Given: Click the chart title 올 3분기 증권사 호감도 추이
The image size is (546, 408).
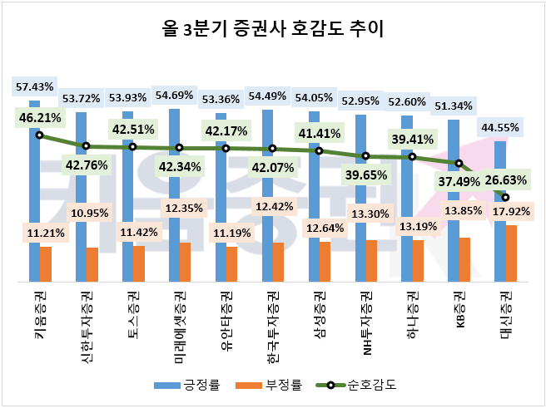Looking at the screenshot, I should click(273, 32).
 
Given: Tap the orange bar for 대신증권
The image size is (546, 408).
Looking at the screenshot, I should click(511, 253).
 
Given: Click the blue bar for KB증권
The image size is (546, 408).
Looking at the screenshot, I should click(454, 199).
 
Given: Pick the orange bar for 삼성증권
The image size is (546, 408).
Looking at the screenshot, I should click(325, 262).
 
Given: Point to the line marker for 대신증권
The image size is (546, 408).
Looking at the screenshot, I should click(505, 197).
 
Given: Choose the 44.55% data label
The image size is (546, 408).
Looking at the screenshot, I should click(500, 127).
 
